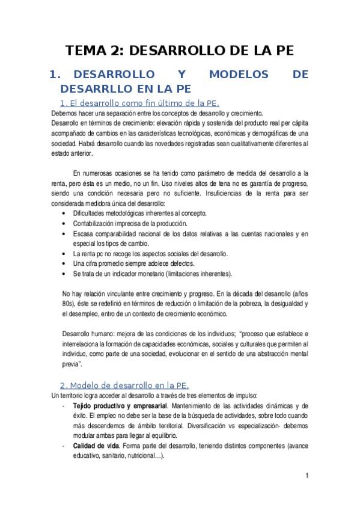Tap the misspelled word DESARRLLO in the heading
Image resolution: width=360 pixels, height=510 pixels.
[x=93, y=89]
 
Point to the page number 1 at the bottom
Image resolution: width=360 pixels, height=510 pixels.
[x=307, y=476]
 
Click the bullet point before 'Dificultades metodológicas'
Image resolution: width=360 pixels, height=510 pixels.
[x=65, y=214]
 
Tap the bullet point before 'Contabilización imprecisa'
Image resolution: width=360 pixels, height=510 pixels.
[x=65, y=224]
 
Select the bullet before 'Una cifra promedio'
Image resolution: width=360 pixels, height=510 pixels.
[x=65, y=263]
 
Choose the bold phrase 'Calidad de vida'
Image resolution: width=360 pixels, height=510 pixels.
[x=94, y=446]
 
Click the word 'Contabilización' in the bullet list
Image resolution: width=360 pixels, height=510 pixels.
[x=96, y=224]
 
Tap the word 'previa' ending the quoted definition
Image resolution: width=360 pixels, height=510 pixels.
[x=72, y=363]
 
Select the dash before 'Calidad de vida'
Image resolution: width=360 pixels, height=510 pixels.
[x=65, y=446]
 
